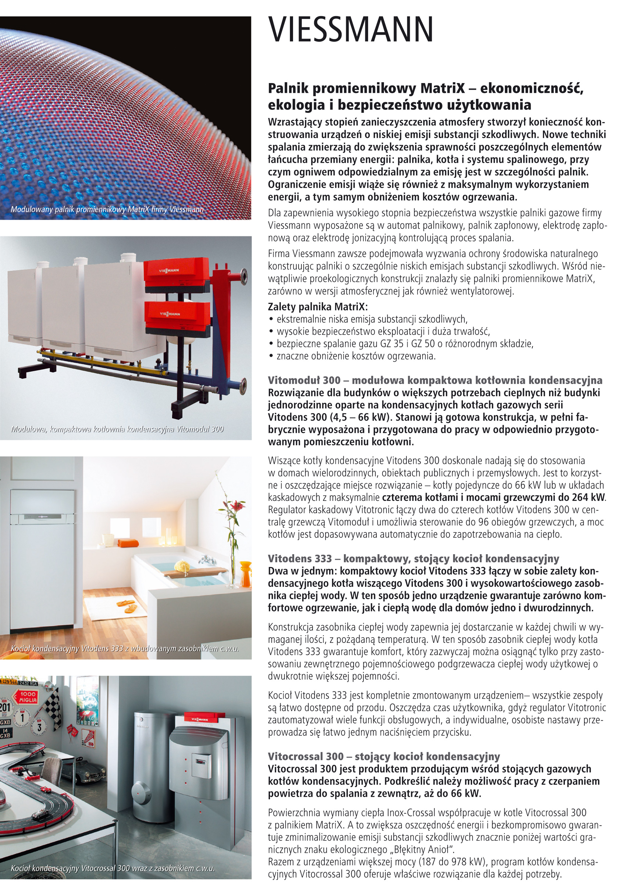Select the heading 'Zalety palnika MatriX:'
point(317,307)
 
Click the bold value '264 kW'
point(588,498)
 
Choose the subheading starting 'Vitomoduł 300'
point(435,380)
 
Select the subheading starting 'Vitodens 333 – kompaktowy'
point(413,559)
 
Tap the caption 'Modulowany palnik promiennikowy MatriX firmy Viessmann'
point(107,209)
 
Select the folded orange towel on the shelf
point(128,543)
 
